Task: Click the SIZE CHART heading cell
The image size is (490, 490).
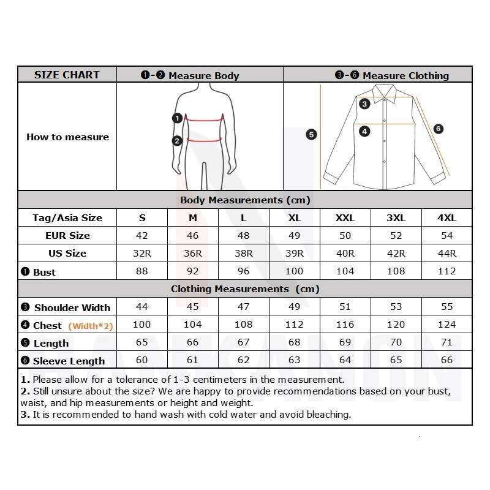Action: [67, 75]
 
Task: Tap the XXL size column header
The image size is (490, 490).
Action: [345, 218]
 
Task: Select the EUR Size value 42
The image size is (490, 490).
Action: [142, 236]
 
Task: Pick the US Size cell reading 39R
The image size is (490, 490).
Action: [294, 254]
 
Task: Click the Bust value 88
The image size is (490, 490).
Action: [142, 271]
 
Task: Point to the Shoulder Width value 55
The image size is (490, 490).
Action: [447, 307]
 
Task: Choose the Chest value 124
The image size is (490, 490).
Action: [447, 325]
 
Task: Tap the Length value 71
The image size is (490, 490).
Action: [447, 342]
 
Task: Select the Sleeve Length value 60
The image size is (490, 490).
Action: [142, 360]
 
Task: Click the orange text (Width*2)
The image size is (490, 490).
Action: [91, 326]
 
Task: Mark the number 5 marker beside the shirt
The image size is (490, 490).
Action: [311, 134]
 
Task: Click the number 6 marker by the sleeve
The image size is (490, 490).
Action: [438, 129]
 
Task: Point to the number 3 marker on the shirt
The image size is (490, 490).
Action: [364, 104]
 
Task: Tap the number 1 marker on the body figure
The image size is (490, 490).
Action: [177, 118]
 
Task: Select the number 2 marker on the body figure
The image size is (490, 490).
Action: [177, 141]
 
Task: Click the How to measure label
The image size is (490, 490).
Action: [67, 137]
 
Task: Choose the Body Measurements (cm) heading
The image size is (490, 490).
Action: [245, 200]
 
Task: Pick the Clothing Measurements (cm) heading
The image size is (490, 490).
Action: [245, 289]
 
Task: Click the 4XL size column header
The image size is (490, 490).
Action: [447, 218]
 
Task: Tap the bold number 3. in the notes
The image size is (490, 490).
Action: [25, 415]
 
